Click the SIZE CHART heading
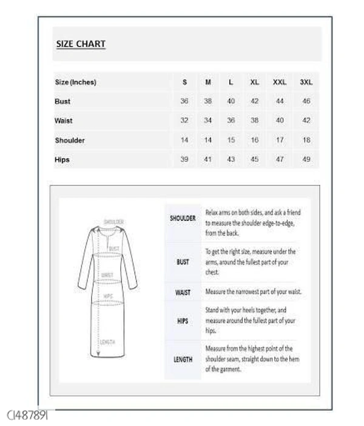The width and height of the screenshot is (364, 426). [x=81, y=44]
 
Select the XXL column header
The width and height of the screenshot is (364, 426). [x=280, y=82]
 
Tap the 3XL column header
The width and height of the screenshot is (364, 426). [x=306, y=82]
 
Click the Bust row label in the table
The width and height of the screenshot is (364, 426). [x=62, y=101]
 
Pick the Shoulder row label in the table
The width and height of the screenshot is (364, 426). [x=70, y=140]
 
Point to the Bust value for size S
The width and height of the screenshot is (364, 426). [x=184, y=101]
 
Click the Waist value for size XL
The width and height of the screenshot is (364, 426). [x=255, y=121]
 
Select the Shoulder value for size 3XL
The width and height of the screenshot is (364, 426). [x=306, y=140]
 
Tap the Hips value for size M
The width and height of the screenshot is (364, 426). [x=208, y=159]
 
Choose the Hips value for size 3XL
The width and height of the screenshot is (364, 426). [x=306, y=159]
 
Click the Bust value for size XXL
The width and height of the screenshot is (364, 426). [x=280, y=101]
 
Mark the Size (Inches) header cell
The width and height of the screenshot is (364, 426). [x=75, y=82]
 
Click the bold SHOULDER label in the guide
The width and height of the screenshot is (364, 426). [x=183, y=218]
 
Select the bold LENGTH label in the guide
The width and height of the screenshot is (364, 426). [x=183, y=359]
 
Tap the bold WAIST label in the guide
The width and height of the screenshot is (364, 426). [x=183, y=292]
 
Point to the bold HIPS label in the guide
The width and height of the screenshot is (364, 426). [x=183, y=321]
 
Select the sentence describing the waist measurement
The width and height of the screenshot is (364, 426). [x=253, y=292]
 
